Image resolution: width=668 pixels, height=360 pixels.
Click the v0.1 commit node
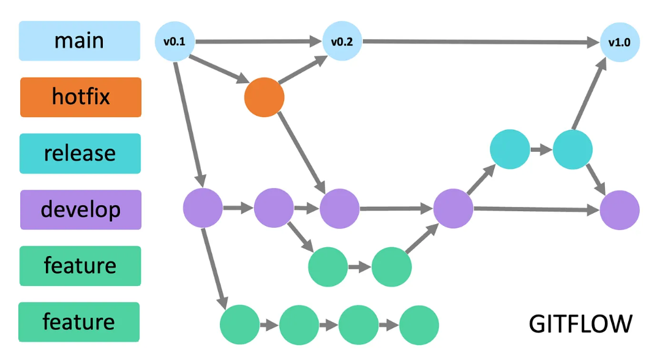click(175, 42)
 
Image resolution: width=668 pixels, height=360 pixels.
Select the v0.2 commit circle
click(342, 42)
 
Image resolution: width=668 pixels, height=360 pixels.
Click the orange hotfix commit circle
click(264, 97)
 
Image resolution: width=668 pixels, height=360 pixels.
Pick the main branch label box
click(80, 41)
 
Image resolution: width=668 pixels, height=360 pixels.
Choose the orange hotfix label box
click(81, 97)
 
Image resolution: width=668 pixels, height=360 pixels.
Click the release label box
click(80, 153)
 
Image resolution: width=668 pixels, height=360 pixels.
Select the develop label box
click(81, 209)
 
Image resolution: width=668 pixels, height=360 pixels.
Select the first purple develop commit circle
click(203, 208)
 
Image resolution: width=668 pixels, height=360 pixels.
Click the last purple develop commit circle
click(619, 209)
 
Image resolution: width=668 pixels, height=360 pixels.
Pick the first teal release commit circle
click(510, 149)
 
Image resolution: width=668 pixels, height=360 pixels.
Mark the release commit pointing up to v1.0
click(572, 149)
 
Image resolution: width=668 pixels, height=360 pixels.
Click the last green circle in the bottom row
click(419, 324)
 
